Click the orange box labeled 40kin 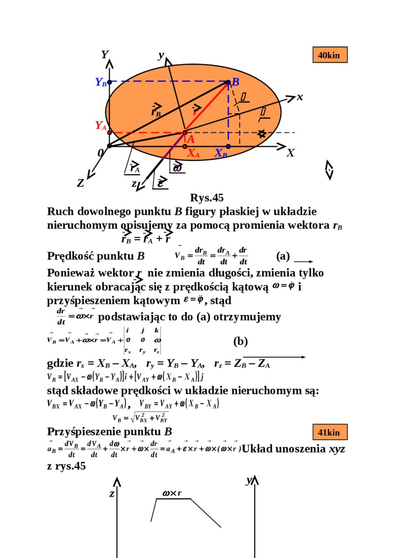click(329, 55)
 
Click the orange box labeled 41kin click(329, 432)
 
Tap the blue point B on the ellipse click(229, 81)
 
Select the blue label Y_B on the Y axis click(101, 82)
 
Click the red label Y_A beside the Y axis click(101, 126)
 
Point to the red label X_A click(193, 153)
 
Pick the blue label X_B click(221, 153)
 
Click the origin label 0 click(101, 154)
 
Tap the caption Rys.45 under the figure click(207, 198)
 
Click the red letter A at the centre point click(190, 139)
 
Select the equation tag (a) click(283, 256)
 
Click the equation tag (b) click(241, 341)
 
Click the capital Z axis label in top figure click(80, 183)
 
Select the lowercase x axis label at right click(300, 97)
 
